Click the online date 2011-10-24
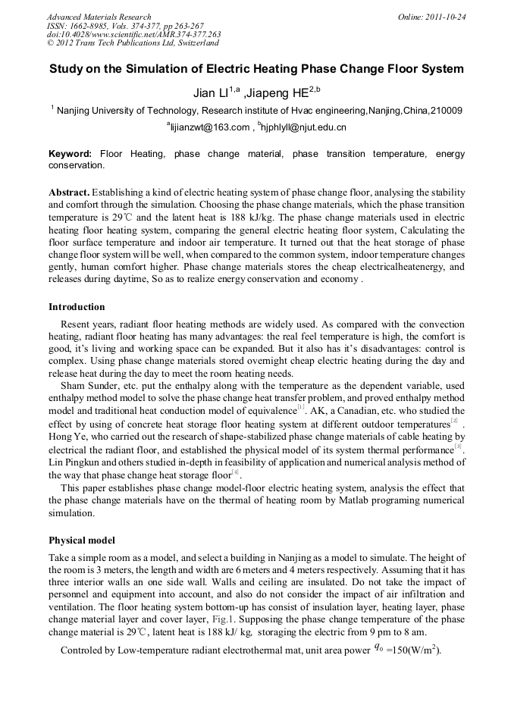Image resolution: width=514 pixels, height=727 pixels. [x=446, y=17]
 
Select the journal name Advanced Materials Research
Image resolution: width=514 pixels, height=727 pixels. [x=99, y=17]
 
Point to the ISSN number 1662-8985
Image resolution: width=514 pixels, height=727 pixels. [x=93, y=26]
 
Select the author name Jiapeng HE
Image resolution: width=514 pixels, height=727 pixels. [x=281, y=93]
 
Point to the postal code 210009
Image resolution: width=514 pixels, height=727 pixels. [x=446, y=111]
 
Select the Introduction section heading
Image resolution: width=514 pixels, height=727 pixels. [x=77, y=307]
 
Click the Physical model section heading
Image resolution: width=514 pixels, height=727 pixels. [x=82, y=541]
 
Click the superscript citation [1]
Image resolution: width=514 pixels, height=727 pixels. [x=301, y=407]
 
